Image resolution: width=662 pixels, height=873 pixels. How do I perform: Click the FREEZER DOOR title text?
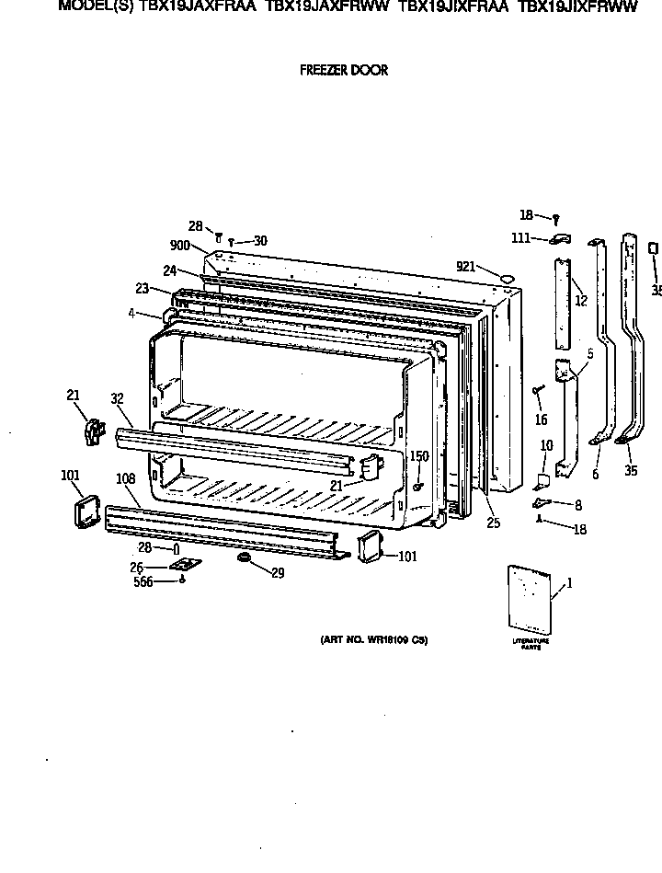pos(344,70)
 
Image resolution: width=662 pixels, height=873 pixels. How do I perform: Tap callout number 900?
pos(179,246)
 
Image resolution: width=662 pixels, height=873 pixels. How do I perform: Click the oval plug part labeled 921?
pos(502,276)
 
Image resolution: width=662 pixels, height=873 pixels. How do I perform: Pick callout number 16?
pos(541,419)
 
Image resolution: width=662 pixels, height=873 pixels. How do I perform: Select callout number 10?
pos(546,446)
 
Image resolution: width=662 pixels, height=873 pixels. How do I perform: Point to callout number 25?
pos(494,523)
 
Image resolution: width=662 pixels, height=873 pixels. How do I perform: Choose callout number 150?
pos(418,455)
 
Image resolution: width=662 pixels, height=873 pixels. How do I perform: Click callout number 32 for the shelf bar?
pos(117,399)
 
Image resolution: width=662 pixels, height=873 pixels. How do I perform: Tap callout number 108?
pos(125,478)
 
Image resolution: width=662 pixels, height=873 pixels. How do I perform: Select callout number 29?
pos(277,572)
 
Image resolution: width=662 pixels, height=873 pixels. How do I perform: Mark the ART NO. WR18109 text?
pos(374,640)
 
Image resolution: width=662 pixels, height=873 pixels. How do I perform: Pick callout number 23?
pos(142,287)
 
